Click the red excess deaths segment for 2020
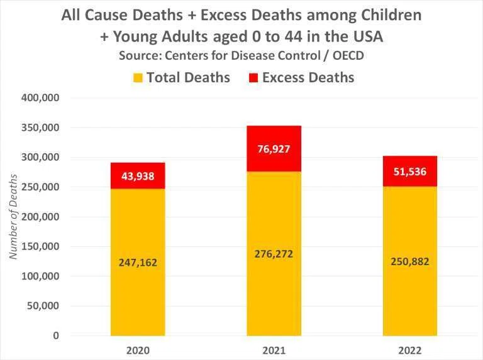(x=138, y=176)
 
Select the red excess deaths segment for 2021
(x=274, y=149)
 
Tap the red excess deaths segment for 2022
(x=410, y=171)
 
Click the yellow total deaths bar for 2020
(x=138, y=262)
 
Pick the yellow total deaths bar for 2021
(x=274, y=254)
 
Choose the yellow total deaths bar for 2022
(x=410, y=261)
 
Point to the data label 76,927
(x=274, y=150)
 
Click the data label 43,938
(x=138, y=177)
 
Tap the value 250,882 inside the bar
(x=410, y=261)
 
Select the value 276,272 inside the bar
(x=274, y=254)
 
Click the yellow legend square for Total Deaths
(x=138, y=77)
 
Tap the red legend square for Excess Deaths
(x=253, y=77)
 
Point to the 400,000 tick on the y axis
(x=40, y=98)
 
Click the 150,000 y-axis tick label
(x=40, y=246)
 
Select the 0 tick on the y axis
(x=56, y=335)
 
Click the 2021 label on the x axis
(x=274, y=351)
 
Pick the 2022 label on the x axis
(x=410, y=351)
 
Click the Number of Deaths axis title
(x=13, y=217)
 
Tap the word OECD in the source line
(x=348, y=56)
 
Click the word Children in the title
(x=391, y=15)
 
